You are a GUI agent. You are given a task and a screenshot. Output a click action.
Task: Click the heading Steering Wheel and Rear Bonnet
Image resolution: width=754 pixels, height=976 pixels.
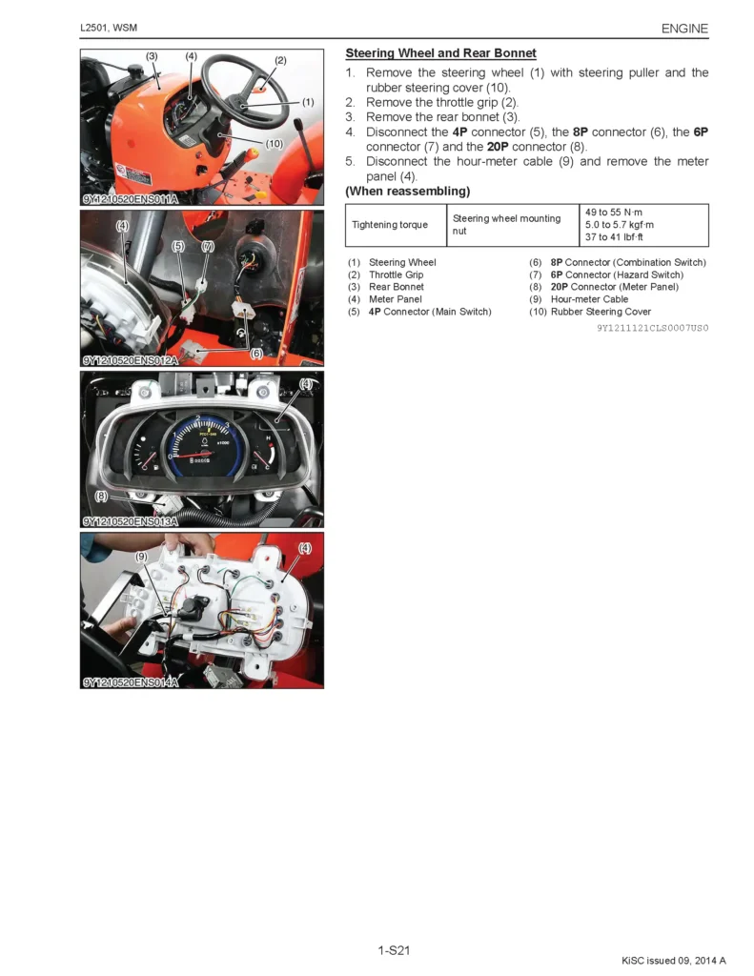pyautogui.click(x=440, y=53)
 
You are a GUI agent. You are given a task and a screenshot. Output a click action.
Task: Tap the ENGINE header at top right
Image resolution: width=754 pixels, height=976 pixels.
pyautogui.click(x=684, y=29)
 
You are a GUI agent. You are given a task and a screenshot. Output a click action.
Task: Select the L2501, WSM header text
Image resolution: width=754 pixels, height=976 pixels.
pyautogui.click(x=109, y=29)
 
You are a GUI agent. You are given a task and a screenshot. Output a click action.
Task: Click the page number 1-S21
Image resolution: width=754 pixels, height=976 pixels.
pyautogui.click(x=394, y=949)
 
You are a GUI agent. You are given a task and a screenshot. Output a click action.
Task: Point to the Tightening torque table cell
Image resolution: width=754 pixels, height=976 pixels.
pyautogui.click(x=389, y=225)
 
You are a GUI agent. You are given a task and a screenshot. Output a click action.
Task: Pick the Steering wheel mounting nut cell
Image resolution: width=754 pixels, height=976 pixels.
pyautogui.click(x=506, y=225)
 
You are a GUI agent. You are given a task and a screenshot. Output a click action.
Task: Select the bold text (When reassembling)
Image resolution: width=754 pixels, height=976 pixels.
pyautogui.click(x=407, y=192)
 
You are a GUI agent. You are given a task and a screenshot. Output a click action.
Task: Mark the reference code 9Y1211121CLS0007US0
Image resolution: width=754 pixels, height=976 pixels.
pyautogui.click(x=653, y=328)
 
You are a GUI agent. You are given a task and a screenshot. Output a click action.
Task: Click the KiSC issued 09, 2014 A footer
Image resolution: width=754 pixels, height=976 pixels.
pyautogui.click(x=673, y=960)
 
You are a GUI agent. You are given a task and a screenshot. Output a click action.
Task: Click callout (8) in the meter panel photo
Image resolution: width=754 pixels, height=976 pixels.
pyautogui.click(x=101, y=496)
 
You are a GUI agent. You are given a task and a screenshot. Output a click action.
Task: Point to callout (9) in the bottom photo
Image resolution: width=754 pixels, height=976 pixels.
pyautogui.click(x=141, y=556)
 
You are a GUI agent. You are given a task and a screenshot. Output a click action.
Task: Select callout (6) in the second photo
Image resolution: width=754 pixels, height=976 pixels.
pyautogui.click(x=256, y=354)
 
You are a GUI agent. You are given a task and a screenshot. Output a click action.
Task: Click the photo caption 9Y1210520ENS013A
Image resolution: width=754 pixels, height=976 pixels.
pyautogui.click(x=130, y=521)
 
